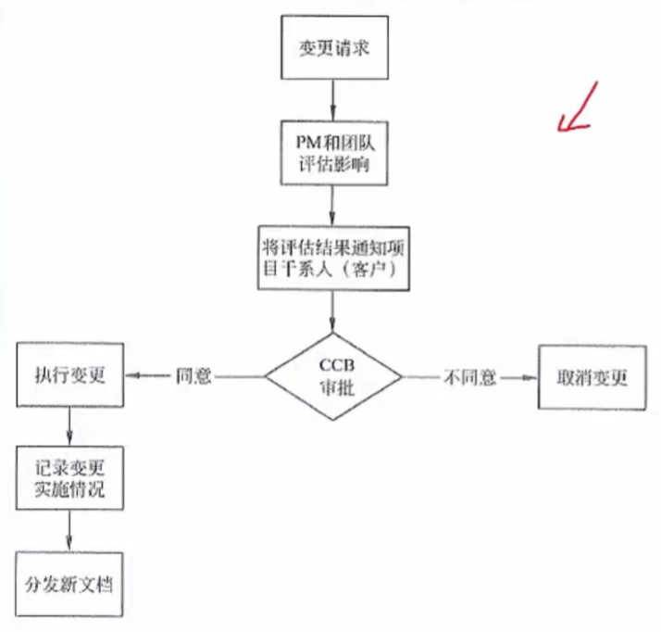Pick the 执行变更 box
(70, 376)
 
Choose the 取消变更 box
(592, 377)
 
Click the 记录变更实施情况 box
(70, 475)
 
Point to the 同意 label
(193, 377)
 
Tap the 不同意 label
(470, 377)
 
